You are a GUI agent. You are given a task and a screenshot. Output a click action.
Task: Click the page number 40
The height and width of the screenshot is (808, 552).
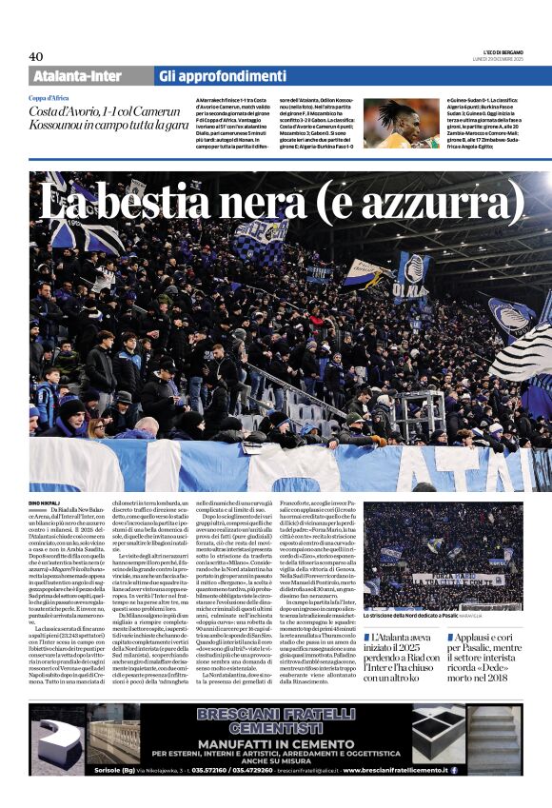pyautogui.click(x=36, y=56)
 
